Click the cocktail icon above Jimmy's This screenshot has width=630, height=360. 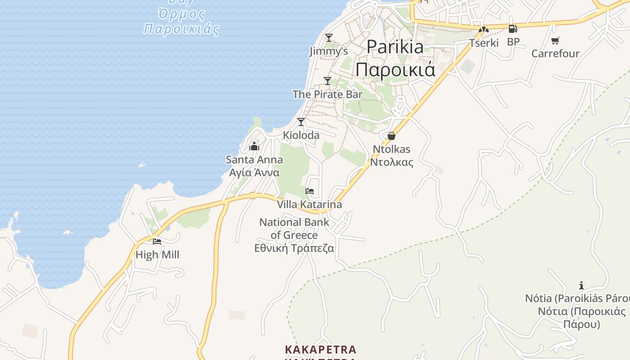point(329,37)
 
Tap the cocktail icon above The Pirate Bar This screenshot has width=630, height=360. point(328,81)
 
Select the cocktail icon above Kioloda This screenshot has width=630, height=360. point(301,121)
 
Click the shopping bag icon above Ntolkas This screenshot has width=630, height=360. point(391,135)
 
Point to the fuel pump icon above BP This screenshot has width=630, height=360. point(513,29)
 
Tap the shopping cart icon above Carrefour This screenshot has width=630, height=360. point(555,40)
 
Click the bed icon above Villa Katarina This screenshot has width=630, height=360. point(310,191)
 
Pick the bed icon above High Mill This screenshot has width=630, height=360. point(157,242)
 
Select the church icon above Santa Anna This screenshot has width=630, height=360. point(254,146)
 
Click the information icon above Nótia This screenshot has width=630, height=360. point(581,285)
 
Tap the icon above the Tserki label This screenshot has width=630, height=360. point(484,30)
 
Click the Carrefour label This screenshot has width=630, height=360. point(555,54)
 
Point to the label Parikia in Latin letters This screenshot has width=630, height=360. point(395,47)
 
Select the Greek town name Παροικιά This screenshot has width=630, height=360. point(395,69)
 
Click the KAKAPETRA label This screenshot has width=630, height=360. point(320,350)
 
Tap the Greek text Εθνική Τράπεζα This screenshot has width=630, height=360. point(294,248)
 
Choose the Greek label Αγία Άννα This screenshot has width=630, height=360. point(254,173)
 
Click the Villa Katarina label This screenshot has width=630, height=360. point(309,204)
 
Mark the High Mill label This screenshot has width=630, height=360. point(157,255)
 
